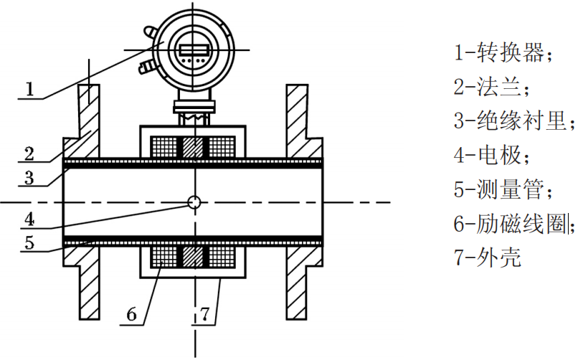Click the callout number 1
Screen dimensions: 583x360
click(x=29, y=89)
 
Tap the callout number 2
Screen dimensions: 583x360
click(x=29, y=153)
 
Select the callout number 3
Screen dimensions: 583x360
click(x=29, y=177)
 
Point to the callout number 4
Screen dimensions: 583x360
click(x=29, y=219)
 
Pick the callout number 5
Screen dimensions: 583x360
click(x=29, y=242)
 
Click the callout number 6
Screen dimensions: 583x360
click(x=132, y=314)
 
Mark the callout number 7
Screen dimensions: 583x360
click(x=205, y=315)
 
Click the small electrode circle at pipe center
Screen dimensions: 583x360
click(x=194, y=203)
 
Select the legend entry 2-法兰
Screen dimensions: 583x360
click(x=490, y=86)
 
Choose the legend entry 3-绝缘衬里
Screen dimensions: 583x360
click(x=514, y=120)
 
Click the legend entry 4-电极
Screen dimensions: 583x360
click(x=490, y=155)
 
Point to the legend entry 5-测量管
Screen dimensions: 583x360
click(x=503, y=189)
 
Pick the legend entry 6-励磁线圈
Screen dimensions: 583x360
click(x=514, y=223)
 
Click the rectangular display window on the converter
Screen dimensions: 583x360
click(x=194, y=49)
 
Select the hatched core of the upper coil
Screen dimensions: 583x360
click(x=193, y=147)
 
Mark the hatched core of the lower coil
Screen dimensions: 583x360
click(x=193, y=257)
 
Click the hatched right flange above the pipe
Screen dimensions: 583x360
click(x=304, y=122)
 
